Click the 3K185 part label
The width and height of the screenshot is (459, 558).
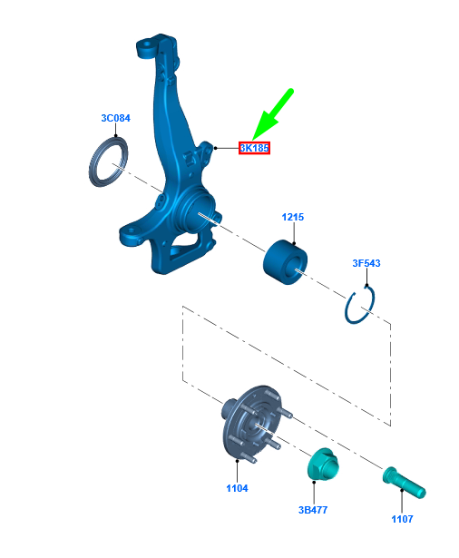click(x=254, y=148)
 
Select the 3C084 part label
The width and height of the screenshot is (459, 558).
click(x=115, y=118)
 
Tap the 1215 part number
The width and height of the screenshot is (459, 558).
click(x=292, y=217)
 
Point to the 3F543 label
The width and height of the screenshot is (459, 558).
click(x=366, y=263)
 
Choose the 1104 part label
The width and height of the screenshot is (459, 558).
click(x=237, y=488)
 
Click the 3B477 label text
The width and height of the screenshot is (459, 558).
click(x=313, y=510)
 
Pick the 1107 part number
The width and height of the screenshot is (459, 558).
click(x=402, y=519)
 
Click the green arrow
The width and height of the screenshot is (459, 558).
click(x=272, y=114)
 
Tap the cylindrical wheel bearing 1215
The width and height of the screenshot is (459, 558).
click(x=285, y=262)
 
